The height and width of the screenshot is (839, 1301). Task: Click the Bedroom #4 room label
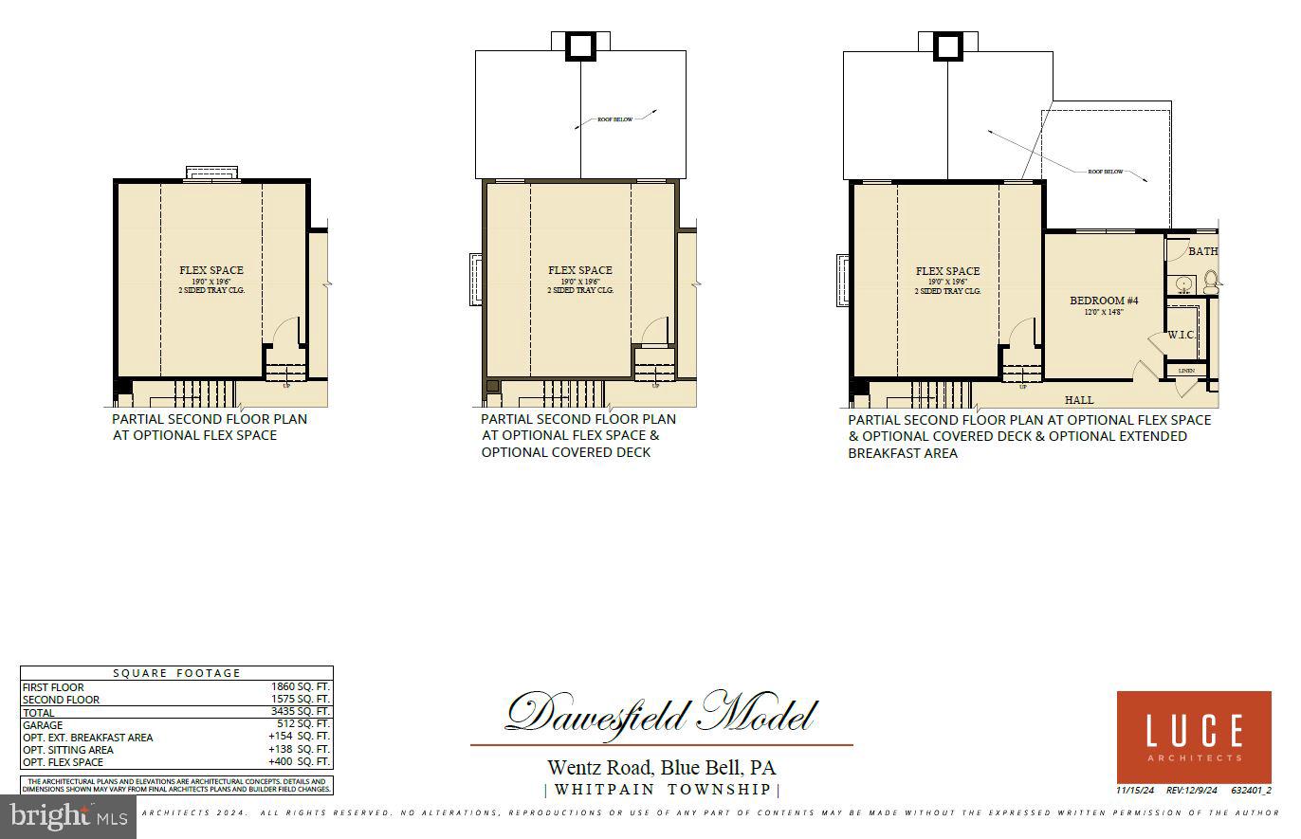[1104, 301]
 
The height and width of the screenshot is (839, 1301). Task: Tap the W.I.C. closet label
[1181, 335]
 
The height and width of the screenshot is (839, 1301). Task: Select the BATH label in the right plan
[1202, 251]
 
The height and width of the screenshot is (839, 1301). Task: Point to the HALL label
[1079, 400]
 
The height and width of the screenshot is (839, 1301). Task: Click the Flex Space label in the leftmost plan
[211, 270]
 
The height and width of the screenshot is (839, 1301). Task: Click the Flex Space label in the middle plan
[580, 270]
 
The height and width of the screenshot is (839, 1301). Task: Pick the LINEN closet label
[1186, 370]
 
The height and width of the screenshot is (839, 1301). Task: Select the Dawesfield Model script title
[660, 713]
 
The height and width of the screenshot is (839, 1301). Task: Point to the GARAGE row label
[43, 725]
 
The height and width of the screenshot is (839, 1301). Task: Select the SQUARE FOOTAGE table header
[177, 673]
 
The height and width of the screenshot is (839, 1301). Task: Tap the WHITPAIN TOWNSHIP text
[662, 790]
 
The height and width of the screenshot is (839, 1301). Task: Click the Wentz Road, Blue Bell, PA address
[661, 767]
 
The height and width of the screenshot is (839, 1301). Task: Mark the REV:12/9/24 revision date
[1191, 790]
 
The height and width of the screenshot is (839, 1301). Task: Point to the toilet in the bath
[1210, 279]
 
